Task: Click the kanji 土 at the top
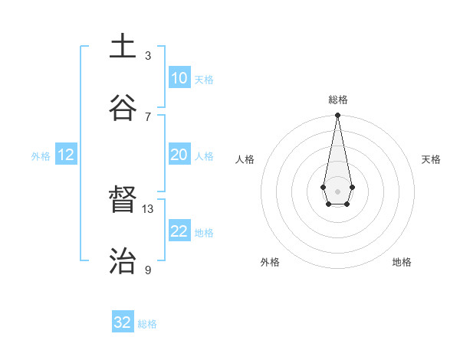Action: click(x=123, y=47)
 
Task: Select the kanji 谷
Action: click(x=123, y=108)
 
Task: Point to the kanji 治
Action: click(x=123, y=260)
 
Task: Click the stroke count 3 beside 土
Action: click(x=148, y=55)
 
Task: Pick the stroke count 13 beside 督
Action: click(x=148, y=208)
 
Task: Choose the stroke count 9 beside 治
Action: click(x=148, y=270)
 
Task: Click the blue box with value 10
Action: click(x=179, y=78)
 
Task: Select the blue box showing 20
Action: click(x=179, y=155)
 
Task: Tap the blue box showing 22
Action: click(x=179, y=231)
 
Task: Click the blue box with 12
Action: click(x=66, y=155)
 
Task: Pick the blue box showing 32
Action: click(x=123, y=322)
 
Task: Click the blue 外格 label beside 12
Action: click(x=41, y=156)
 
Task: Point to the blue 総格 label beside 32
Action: click(x=147, y=324)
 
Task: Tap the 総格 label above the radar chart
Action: click(x=337, y=100)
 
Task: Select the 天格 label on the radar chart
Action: click(x=431, y=159)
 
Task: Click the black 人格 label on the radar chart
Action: click(x=245, y=159)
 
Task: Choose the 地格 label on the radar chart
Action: click(x=402, y=262)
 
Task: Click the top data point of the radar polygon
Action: click(x=337, y=116)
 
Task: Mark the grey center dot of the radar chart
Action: click(x=337, y=191)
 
